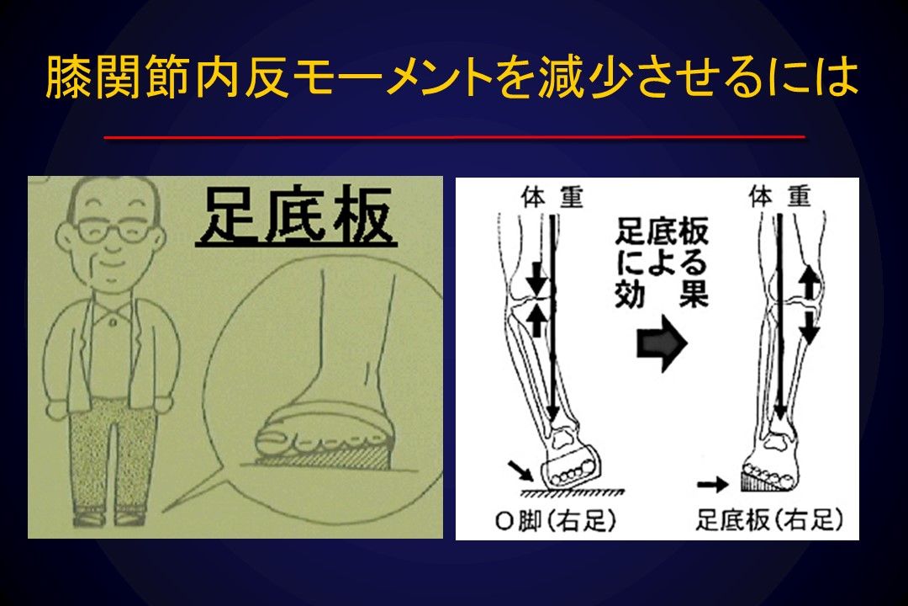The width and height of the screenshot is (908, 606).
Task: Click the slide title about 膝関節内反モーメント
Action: click(x=451, y=77)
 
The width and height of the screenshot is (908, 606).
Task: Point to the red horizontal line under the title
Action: click(x=454, y=137)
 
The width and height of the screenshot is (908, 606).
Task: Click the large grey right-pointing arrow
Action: click(x=662, y=343)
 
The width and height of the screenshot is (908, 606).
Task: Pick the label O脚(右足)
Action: click(x=556, y=520)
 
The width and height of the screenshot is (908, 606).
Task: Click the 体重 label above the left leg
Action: click(x=552, y=197)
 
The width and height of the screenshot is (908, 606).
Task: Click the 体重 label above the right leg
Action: click(x=779, y=197)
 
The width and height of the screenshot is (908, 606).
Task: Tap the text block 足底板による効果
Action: click(x=662, y=263)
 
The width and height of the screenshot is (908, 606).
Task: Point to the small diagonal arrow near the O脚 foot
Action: click(x=520, y=470)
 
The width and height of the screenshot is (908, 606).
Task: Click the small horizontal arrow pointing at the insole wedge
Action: click(x=713, y=484)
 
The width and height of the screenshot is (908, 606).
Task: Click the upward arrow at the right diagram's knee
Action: click(x=809, y=282)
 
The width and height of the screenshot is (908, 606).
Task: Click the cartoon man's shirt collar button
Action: click(x=113, y=322)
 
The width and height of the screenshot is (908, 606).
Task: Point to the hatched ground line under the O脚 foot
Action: click(x=573, y=492)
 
